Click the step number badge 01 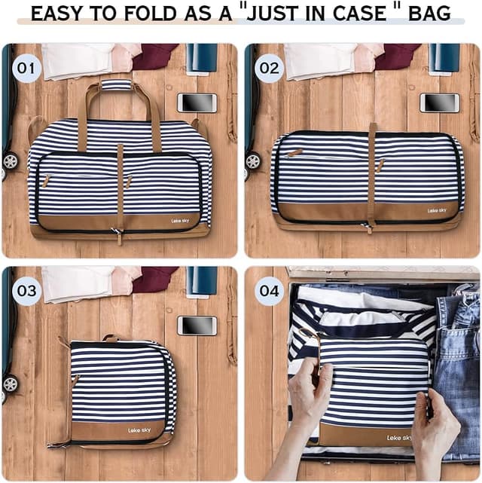(x=26, y=69)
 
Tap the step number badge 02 (x=268, y=69)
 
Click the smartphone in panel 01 (x=197, y=102)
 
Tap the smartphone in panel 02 (x=439, y=102)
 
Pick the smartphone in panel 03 (x=197, y=325)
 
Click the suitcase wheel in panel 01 (x=10, y=160)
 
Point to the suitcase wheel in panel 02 (x=252, y=160)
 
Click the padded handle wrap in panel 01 (x=117, y=85)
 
